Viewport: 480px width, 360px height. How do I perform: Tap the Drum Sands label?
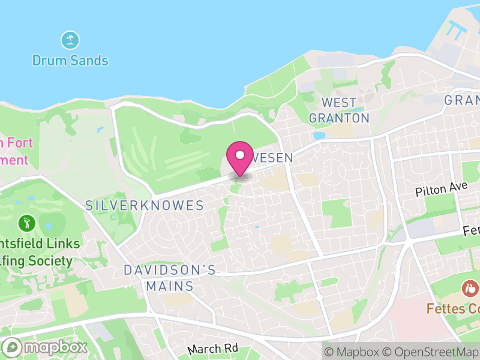click(70, 61)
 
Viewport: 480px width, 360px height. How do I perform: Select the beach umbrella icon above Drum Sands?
click(71, 41)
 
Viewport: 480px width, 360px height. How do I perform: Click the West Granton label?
click(339, 110)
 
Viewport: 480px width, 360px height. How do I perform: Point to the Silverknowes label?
click(145, 206)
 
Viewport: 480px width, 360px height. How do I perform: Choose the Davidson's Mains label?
click(169, 278)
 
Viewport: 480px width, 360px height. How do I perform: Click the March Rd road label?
click(213, 349)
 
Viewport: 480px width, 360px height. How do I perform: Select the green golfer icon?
click(26, 224)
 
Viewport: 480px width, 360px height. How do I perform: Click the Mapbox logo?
click(46, 347)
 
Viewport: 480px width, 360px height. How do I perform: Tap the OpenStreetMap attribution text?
click(430, 351)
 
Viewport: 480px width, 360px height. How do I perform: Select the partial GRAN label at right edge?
click(462, 100)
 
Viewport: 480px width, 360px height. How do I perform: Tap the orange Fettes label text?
click(453, 309)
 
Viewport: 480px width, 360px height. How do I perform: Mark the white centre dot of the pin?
click(240, 155)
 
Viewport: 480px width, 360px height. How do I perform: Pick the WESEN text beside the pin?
click(273, 157)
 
